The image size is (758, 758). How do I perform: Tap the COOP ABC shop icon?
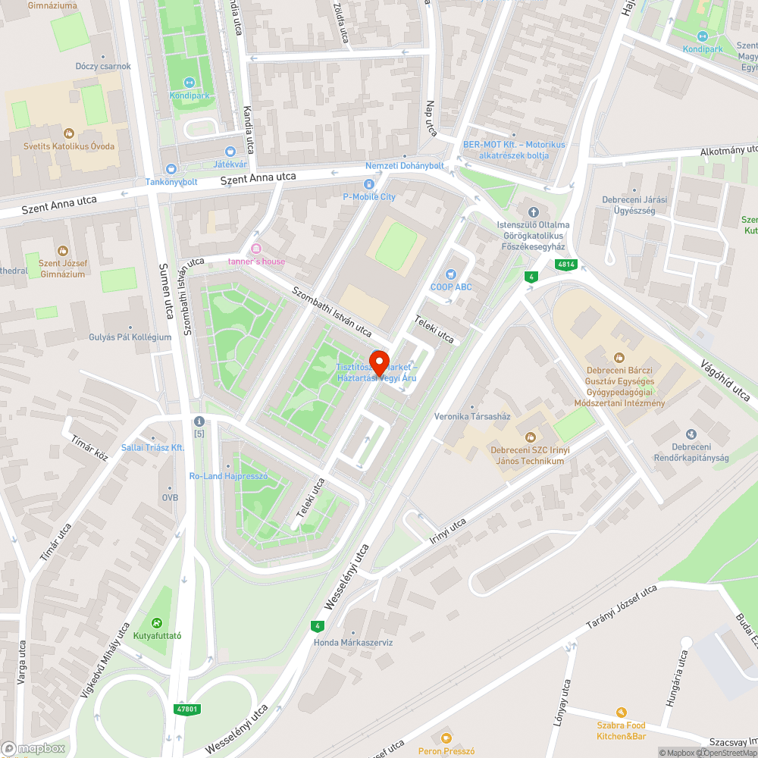pyautogui.click(x=452, y=274)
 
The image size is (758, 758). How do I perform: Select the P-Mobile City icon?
pyautogui.click(x=369, y=184)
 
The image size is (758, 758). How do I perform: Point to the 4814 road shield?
pyautogui.click(x=565, y=265)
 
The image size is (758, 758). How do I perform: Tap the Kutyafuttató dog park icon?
pyautogui.click(x=158, y=623)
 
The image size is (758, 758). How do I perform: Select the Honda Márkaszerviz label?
pyautogui.click(x=353, y=642)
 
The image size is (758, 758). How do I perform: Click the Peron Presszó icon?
pyautogui.click(x=446, y=738)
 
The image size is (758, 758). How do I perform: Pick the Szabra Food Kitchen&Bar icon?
pyautogui.click(x=622, y=712)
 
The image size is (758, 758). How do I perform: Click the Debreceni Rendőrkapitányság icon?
pyautogui.click(x=691, y=434)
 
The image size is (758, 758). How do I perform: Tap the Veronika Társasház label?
pyautogui.click(x=472, y=416)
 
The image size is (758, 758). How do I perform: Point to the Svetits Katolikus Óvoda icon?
pyautogui.click(x=69, y=133)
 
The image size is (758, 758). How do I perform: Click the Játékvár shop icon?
pyautogui.click(x=230, y=151)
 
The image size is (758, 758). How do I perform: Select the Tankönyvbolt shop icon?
pyautogui.click(x=171, y=168)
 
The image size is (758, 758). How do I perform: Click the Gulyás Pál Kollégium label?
pyautogui.click(x=130, y=337)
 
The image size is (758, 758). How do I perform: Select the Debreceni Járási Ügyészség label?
pyautogui.click(x=628, y=205)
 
